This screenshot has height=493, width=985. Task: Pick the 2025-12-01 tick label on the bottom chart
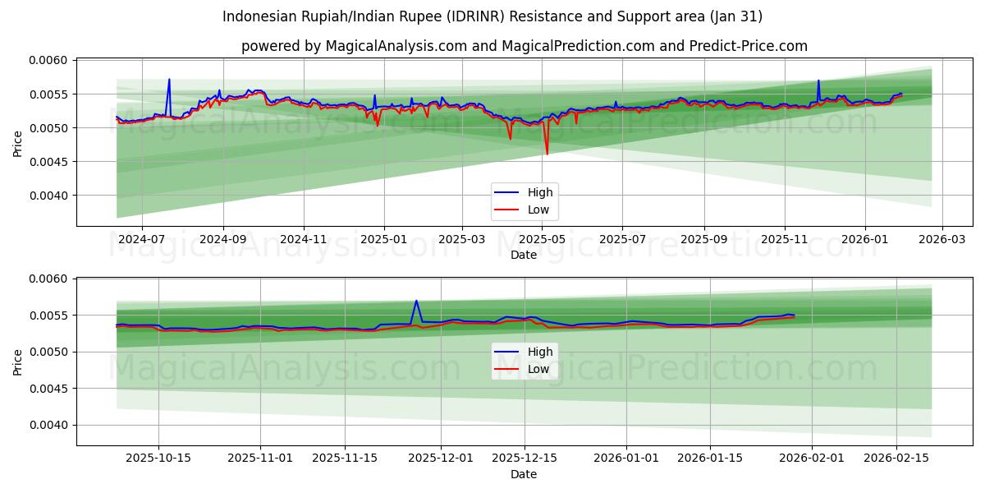click(441, 458)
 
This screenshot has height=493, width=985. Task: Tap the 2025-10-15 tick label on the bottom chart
click(159, 458)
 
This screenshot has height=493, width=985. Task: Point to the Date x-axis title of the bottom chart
click(524, 474)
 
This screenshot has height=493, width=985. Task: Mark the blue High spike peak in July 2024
click(169, 80)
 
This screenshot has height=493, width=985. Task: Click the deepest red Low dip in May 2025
click(547, 154)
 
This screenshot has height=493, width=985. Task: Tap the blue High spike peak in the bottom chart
click(416, 301)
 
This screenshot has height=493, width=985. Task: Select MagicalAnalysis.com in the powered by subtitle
click(392, 46)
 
